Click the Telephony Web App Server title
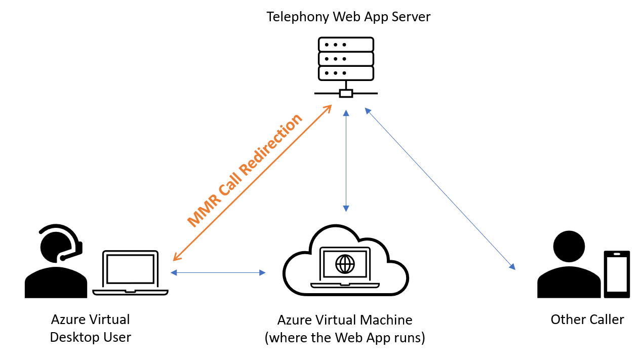pos(348,17)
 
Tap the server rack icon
pos(346,59)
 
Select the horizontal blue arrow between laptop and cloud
pos(218,273)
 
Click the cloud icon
pos(346,263)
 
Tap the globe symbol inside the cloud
pos(346,263)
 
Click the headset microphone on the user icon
pos(63,258)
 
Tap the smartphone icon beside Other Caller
pos(617,273)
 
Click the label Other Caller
pos(587,320)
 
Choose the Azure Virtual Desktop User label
pos(91,328)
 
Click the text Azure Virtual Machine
pos(345,320)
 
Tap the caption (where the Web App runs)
pos(345,338)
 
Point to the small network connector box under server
pos(346,93)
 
